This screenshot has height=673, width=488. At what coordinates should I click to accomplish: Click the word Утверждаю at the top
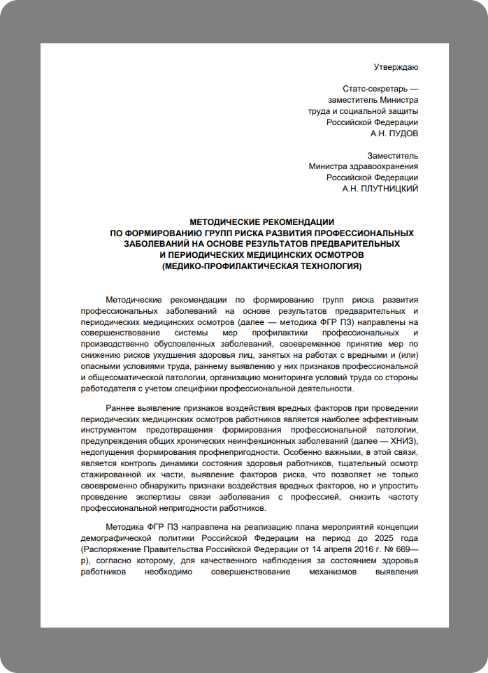[x=396, y=67]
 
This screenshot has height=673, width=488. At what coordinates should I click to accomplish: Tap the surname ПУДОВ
[x=405, y=133]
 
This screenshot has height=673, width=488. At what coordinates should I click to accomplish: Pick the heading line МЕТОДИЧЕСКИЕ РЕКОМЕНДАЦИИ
[x=262, y=222]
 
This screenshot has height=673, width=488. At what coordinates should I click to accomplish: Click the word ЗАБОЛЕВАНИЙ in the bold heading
[x=156, y=244]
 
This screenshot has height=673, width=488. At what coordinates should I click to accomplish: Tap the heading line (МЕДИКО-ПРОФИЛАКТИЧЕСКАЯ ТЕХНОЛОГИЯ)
[x=262, y=266]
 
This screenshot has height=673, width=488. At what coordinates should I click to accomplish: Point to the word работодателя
[x=111, y=389]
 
